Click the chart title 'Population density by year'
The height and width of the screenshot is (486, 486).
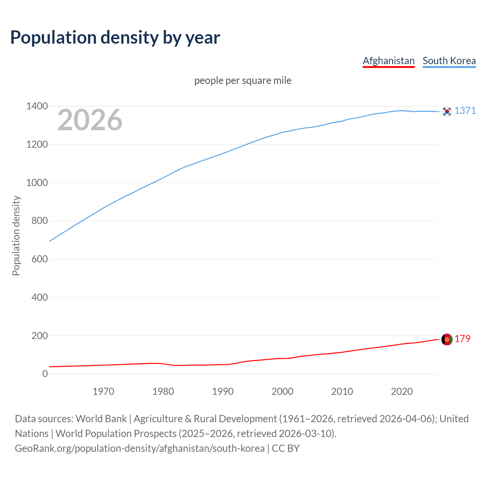[x=115, y=37]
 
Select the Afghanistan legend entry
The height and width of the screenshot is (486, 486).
[x=388, y=61]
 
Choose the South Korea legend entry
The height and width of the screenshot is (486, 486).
[x=449, y=61]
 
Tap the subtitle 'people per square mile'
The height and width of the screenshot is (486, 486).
[x=243, y=80]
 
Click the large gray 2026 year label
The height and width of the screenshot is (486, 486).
[x=90, y=120]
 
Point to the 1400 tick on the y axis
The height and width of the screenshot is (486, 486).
[x=37, y=106]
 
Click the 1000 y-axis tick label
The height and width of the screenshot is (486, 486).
[x=37, y=183]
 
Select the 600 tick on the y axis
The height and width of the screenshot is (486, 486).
[x=39, y=259]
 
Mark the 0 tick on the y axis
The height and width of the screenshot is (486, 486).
[x=45, y=374]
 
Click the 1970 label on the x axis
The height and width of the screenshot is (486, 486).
[x=103, y=391]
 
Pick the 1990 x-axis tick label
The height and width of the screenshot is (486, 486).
[x=223, y=391]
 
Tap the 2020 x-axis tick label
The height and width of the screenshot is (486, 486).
[x=402, y=391]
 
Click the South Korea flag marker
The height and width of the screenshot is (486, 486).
[x=447, y=111]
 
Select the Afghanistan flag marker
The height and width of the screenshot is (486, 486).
[x=447, y=339]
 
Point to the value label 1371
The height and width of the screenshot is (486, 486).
[x=465, y=110]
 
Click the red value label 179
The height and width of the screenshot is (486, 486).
[x=462, y=339]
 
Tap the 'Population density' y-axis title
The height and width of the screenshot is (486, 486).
[x=16, y=235]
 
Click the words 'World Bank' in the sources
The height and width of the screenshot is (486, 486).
[x=101, y=419]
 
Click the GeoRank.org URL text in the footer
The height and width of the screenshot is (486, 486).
[x=140, y=448]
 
